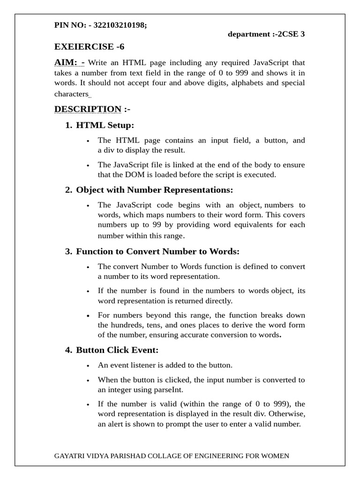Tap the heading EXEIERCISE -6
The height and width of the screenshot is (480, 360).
pos(89,46)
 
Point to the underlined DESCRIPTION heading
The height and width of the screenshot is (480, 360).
pos(88,109)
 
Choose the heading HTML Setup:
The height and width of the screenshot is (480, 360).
pos(105,125)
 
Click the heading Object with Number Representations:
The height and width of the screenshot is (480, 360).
pos(154,190)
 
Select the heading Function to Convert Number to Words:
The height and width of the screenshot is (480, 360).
pos(157,251)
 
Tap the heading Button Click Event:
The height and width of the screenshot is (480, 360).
pos(117,350)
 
